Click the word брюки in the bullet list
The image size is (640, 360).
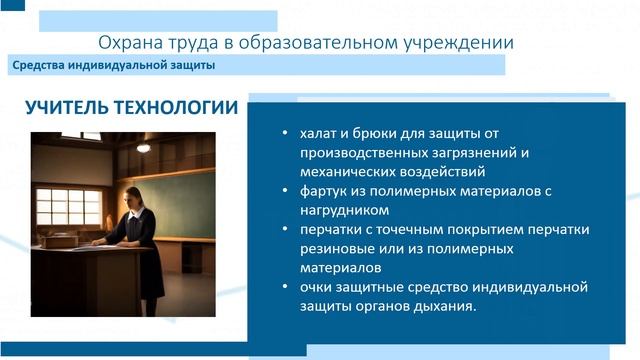(x=370, y=134)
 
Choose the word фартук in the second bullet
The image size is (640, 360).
(x=323, y=191)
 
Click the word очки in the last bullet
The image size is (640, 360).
(x=316, y=287)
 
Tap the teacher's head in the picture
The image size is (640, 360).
(x=133, y=192)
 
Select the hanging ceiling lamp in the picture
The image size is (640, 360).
(x=143, y=147)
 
